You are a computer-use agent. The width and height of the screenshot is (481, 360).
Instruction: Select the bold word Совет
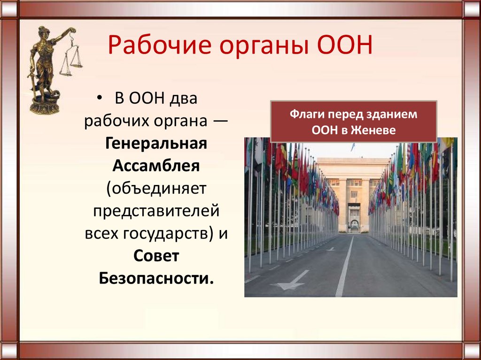coord(156,256)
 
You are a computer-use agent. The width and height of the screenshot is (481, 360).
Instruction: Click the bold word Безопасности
coord(156,278)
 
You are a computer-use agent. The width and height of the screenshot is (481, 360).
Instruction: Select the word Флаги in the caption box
coord(305,114)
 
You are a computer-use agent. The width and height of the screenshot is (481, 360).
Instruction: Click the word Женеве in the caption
coord(377,130)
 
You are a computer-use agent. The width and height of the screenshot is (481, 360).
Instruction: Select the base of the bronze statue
coord(45,106)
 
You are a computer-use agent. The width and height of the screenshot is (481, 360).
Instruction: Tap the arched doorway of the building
coord(354,225)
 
